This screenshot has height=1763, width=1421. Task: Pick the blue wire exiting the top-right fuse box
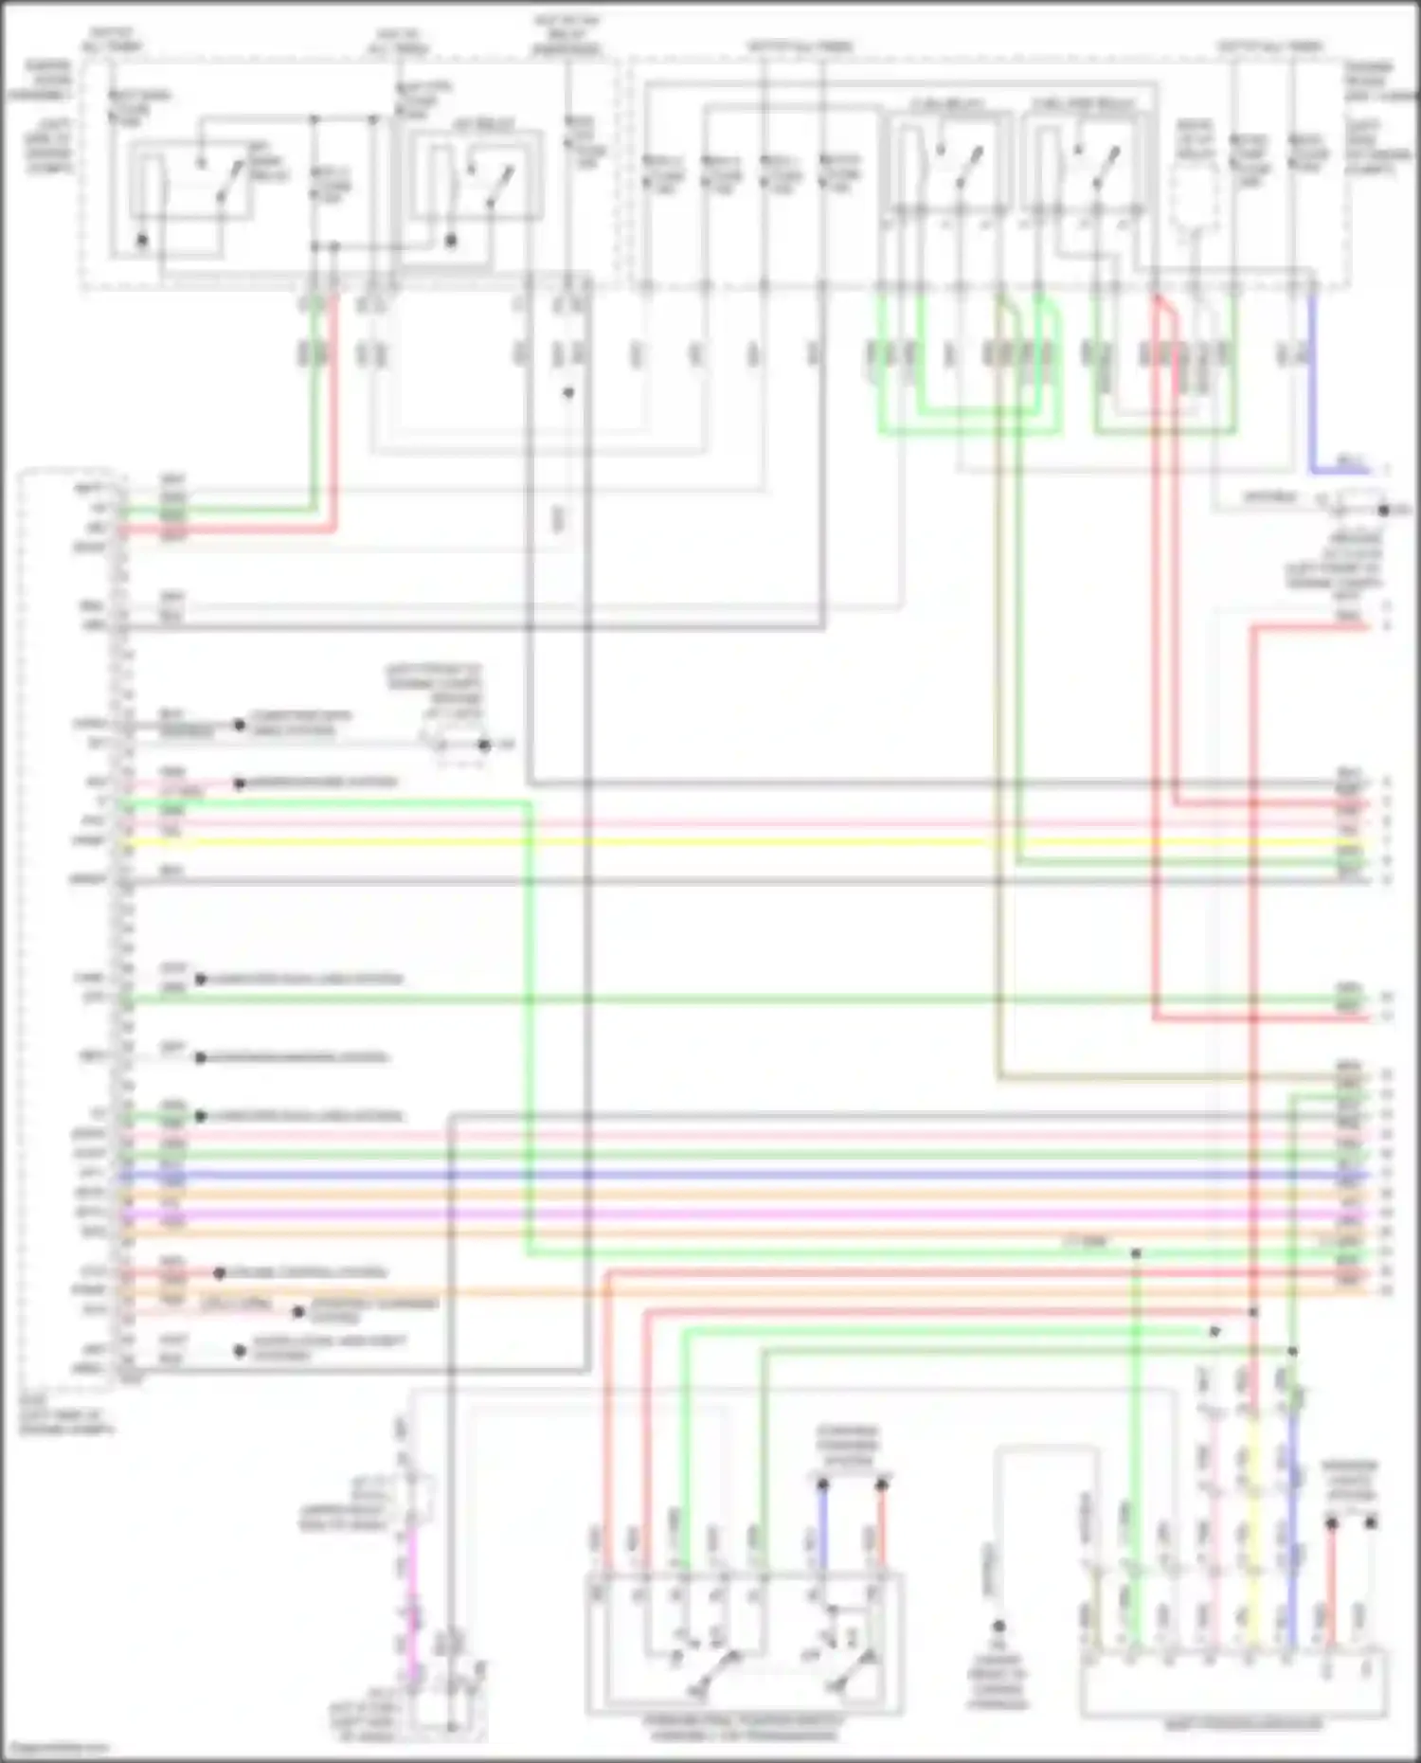(x=1312, y=379)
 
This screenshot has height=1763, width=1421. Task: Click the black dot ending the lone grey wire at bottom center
(x=998, y=1626)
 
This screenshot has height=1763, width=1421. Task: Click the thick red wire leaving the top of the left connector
(x=333, y=417)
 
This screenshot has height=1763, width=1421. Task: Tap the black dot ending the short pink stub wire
(x=239, y=783)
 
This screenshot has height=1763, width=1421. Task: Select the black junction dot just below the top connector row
(x=568, y=392)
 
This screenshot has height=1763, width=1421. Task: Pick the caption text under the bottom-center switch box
(x=744, y=1728)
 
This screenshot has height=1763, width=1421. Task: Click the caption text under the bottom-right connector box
(x=1241, y=1725)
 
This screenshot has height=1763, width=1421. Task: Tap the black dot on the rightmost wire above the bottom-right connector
(x=1370, y=1523)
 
